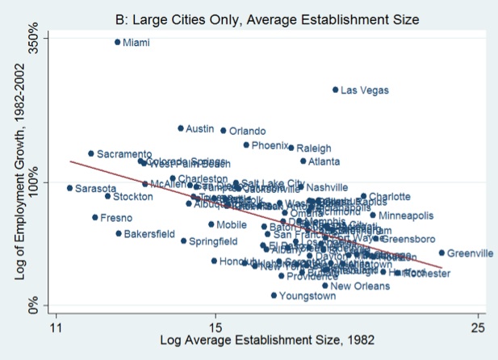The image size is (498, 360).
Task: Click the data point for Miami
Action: tap(117, 42)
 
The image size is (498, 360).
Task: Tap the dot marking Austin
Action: tap(181, 128)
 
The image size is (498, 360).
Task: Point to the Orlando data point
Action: tap(224, 131)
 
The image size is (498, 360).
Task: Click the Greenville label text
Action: tap(471, 253)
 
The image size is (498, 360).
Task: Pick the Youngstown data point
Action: tap(274, 295)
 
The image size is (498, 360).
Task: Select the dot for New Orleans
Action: tap(325, 285)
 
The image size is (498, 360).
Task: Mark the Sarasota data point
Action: tap(69, 188)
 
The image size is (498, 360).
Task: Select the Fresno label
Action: tap(115, 218)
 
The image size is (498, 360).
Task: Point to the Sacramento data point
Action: tap(91, 153)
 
